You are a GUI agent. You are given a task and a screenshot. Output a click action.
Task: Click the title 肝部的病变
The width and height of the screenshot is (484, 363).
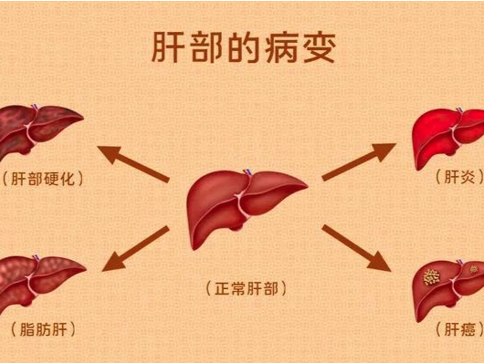click(242, 49)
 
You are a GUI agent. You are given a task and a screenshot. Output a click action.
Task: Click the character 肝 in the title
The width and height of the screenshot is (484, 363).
click(167, 49)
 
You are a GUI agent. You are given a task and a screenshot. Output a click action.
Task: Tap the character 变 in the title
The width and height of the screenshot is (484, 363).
click(316, 49)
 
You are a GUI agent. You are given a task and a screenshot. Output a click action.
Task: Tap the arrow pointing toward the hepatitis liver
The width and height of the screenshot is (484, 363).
click(357, 162)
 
